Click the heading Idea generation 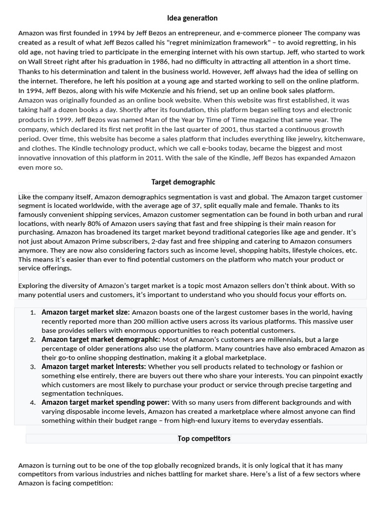192,18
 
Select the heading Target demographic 183,182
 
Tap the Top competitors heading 204,438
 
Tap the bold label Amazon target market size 85,312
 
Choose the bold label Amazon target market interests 93,367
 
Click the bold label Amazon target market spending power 105,402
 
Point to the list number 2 32,340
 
